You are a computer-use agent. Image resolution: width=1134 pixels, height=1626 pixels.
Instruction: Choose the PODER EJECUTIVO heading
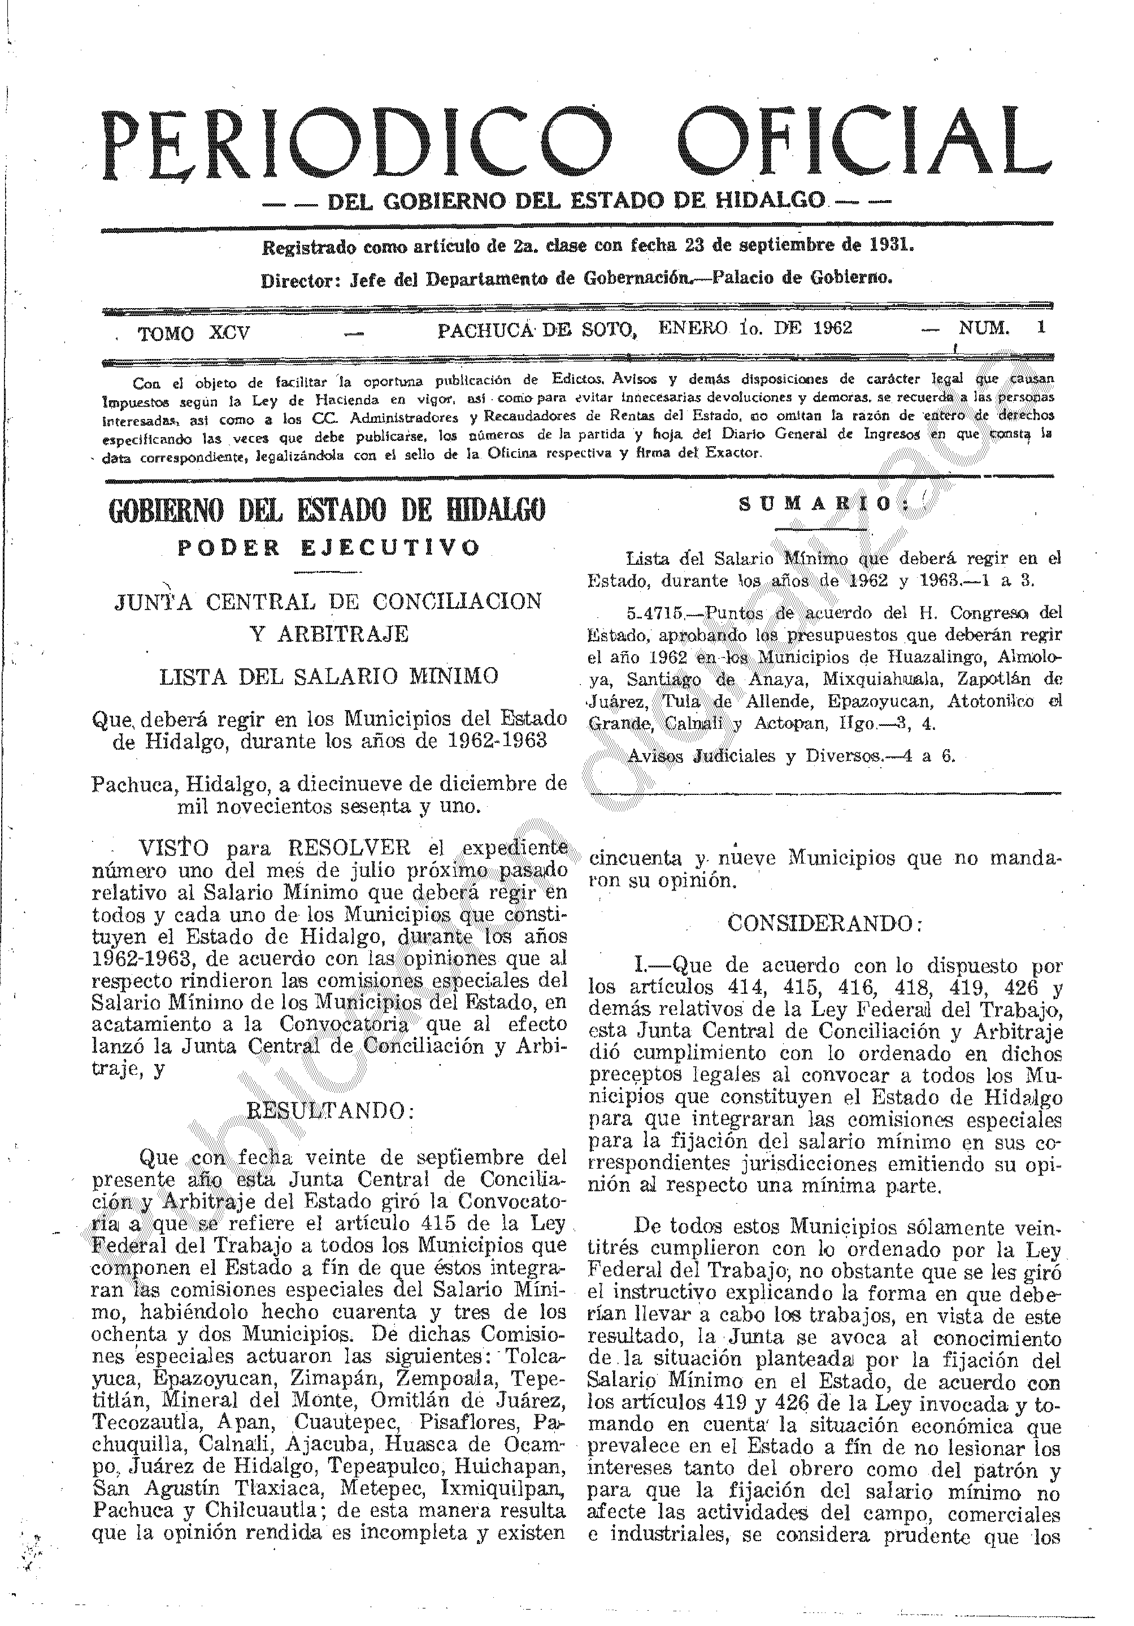328,548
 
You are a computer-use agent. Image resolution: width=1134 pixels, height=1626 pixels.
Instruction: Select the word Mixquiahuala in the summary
880,679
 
